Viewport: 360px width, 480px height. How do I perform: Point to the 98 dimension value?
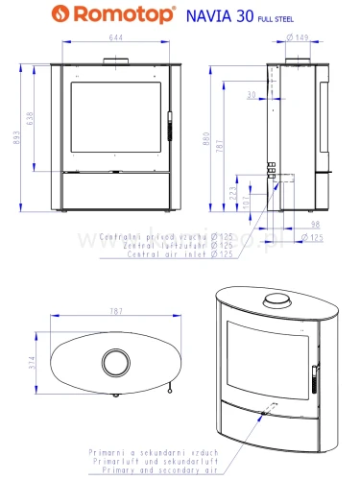click(x=317, y=226)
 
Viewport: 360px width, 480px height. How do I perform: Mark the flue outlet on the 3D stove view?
click(x=276, y=300)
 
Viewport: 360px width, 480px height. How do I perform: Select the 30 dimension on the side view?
click(x=250, y=94)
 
